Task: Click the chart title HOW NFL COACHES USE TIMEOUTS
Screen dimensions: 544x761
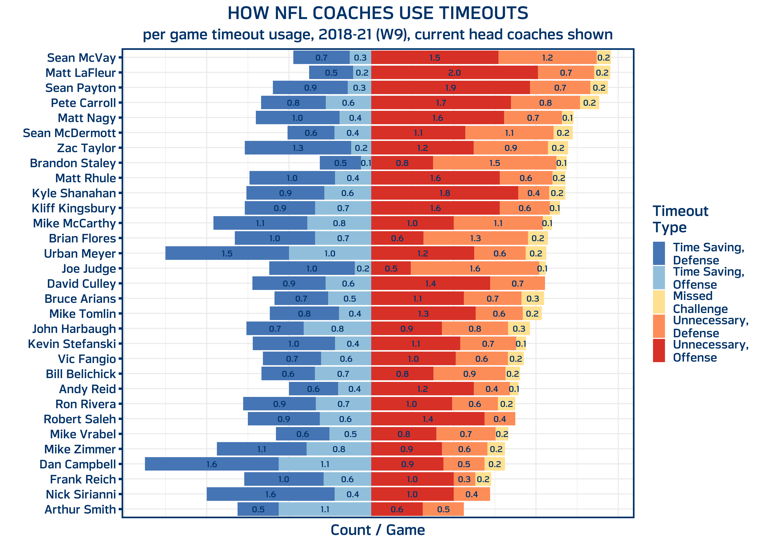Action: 377,13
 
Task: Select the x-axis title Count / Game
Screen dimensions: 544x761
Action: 377,530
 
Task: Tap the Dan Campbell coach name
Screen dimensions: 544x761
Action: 78,464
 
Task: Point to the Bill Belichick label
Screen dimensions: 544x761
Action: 81,374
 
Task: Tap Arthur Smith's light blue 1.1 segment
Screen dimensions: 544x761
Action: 325,510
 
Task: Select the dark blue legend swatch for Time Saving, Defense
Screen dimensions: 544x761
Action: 659,254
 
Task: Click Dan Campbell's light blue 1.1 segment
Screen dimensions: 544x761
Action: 325,464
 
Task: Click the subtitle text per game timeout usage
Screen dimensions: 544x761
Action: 377,34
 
